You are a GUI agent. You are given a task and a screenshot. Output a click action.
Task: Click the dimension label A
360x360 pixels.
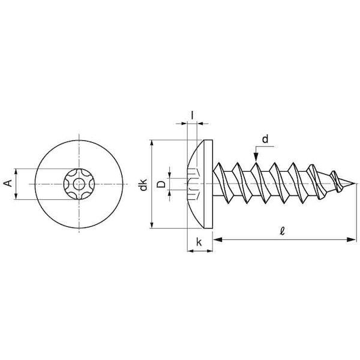(x=8, y=184)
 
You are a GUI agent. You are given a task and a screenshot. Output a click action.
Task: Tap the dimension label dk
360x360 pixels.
(x=143, y=185)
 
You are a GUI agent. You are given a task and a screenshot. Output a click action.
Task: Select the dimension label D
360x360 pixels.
(x=161, y=184)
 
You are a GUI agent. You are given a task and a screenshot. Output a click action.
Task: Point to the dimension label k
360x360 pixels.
(x=199, y=242)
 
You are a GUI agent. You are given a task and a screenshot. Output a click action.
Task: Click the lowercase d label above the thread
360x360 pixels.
(x=265, y=139)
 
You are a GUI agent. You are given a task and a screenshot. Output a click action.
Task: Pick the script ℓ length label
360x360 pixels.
(x=283, y=231)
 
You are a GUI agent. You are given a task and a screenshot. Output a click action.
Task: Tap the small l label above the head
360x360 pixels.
(x=192, y=115)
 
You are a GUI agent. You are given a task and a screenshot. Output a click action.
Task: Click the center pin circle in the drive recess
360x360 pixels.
(x=79, y=184)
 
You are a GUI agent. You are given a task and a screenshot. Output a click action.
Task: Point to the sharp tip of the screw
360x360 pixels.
(x=356, y=184)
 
